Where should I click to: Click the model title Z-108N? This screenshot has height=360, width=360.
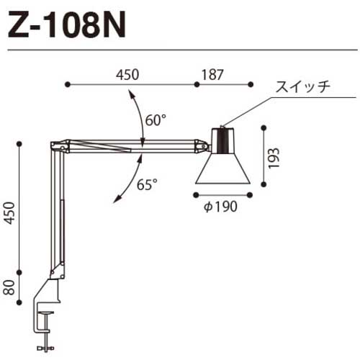point(66,27)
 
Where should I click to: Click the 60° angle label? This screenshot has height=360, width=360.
point(155,120)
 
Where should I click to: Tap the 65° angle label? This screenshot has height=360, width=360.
point(147,184)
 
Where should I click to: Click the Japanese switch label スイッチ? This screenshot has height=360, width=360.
point(302,88)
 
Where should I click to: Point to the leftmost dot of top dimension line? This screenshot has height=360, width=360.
point(67,84)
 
